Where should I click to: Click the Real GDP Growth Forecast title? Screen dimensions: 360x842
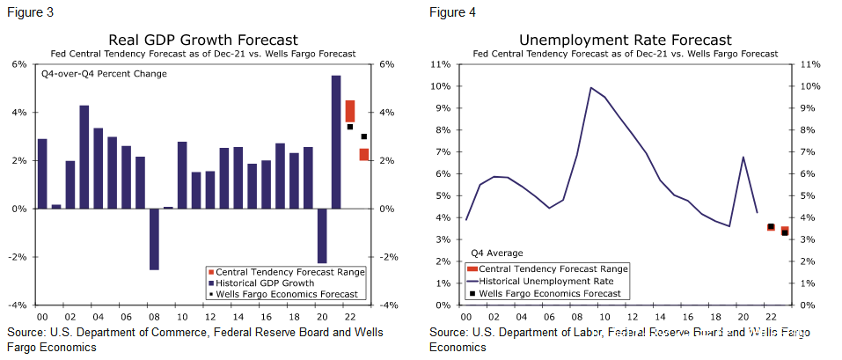point(203,40)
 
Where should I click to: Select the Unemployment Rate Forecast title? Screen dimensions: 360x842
point(625,40)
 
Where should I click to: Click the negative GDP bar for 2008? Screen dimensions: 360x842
point(154,239)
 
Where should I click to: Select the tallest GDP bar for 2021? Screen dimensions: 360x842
point(336,142)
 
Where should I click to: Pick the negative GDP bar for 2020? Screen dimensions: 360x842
point(322,235)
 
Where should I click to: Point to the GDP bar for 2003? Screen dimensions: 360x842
point(84,157)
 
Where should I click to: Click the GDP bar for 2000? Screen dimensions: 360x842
point(42,173)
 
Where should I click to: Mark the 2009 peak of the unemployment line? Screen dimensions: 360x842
point(590,88)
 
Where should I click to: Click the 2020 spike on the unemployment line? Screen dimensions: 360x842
point(744,158)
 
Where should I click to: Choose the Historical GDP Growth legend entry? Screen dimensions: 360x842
point(260,283)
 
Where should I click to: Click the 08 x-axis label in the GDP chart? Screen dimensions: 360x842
point(154,316)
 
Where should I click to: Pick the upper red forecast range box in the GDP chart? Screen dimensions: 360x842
point(350,111)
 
